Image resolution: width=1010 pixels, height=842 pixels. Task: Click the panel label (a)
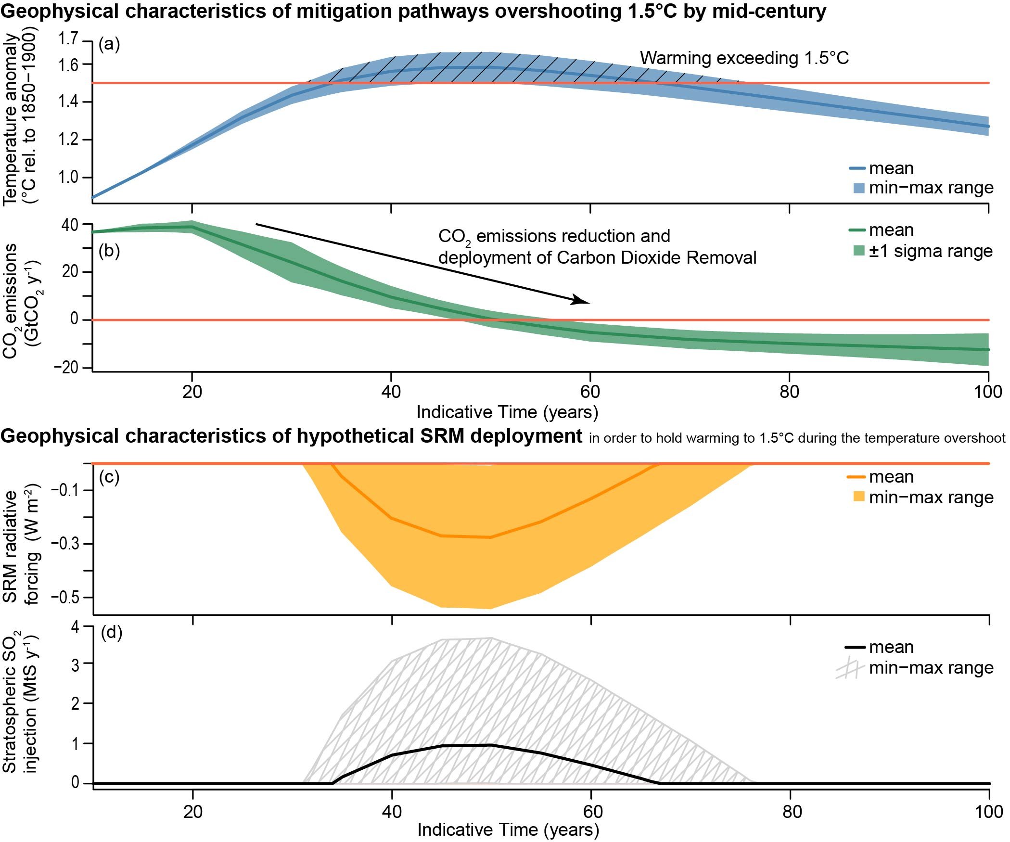(109, 45)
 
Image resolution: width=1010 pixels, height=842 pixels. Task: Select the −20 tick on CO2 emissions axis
(66, 368)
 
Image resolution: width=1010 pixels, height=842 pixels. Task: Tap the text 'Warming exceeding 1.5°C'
(744, 58)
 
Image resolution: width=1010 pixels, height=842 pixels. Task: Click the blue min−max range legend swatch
(858, 188)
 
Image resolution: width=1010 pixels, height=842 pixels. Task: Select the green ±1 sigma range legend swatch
(858, 251)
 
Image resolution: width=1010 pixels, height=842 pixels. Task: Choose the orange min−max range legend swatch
(858, 497)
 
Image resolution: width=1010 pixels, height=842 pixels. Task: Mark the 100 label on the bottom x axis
(988, 812)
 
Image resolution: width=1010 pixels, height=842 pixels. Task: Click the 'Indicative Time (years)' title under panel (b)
(507, 412)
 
